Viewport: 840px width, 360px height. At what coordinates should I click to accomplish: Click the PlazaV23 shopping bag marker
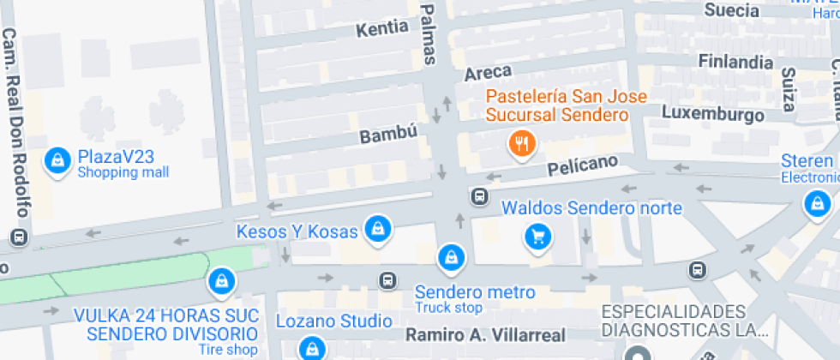[x=57, y=160]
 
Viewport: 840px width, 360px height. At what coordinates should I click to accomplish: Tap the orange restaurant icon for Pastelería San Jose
[x=521, y=144]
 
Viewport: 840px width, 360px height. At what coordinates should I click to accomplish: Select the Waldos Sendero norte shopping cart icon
[x=537, y=237]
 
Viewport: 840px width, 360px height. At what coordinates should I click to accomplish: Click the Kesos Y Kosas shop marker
[x=377, y=228]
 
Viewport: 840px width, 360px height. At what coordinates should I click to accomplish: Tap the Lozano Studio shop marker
[x=311, y=347]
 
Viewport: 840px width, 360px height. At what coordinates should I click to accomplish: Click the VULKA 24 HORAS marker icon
[x=221, y=281]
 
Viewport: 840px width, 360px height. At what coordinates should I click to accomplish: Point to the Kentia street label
[x=381, y=27]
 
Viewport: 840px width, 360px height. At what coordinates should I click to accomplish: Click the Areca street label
[x=488, y=71]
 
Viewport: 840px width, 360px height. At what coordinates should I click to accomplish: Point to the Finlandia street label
[x=735, y=62]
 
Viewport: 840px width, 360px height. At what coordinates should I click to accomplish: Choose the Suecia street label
[x=730, y=10]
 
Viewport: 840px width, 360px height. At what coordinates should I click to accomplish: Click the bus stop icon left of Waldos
[x=479, y=197]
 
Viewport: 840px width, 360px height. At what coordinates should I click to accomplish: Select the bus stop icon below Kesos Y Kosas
[x=388, y=279]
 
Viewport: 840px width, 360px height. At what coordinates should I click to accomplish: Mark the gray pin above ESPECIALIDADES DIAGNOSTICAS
[x=637, y=353]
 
